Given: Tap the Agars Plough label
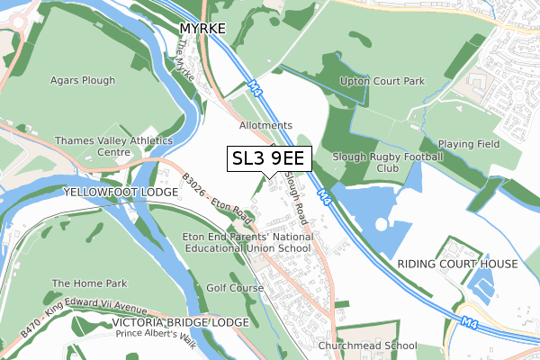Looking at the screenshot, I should (x=83, y=80).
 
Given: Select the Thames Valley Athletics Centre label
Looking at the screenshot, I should (x=113, y=147).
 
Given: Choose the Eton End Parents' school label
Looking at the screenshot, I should (x=247, y=242).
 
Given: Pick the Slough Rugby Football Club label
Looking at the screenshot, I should (x=388, y=162).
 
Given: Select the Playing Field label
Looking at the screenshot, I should (x=468, y=144).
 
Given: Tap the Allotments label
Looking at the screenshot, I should (x=265, y=125).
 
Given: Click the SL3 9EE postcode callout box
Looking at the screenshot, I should (x=269, y=158).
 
